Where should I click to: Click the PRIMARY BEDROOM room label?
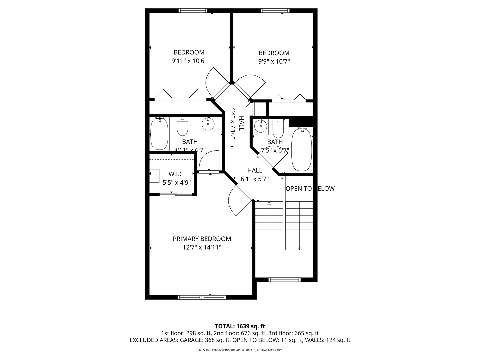202,239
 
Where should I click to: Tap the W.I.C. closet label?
176,174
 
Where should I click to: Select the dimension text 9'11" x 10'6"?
189,61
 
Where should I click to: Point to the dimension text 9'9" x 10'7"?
274,62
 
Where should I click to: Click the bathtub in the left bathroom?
159,134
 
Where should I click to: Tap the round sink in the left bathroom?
208,124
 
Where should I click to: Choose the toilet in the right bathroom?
278,128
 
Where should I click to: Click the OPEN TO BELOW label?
310,188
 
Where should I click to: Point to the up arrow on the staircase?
269,203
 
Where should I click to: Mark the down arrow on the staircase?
299,247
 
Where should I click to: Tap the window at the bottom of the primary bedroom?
202,297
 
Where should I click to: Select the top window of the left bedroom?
193,11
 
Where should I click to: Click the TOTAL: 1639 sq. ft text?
240,326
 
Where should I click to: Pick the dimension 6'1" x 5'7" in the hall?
255,179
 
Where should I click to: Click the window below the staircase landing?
284,280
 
